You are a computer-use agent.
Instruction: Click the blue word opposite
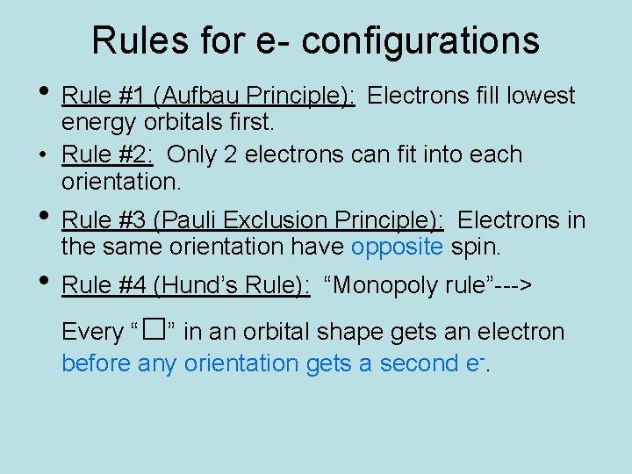click(397, 248)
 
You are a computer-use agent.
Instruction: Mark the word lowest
click(540, 96)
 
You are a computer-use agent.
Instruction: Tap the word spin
click(475, 248)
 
